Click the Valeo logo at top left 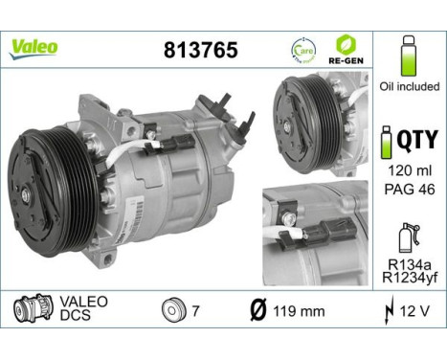click(x=34, y=47)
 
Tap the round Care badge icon click(x=302, y=47)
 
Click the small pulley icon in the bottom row click(x=173, y=311)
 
